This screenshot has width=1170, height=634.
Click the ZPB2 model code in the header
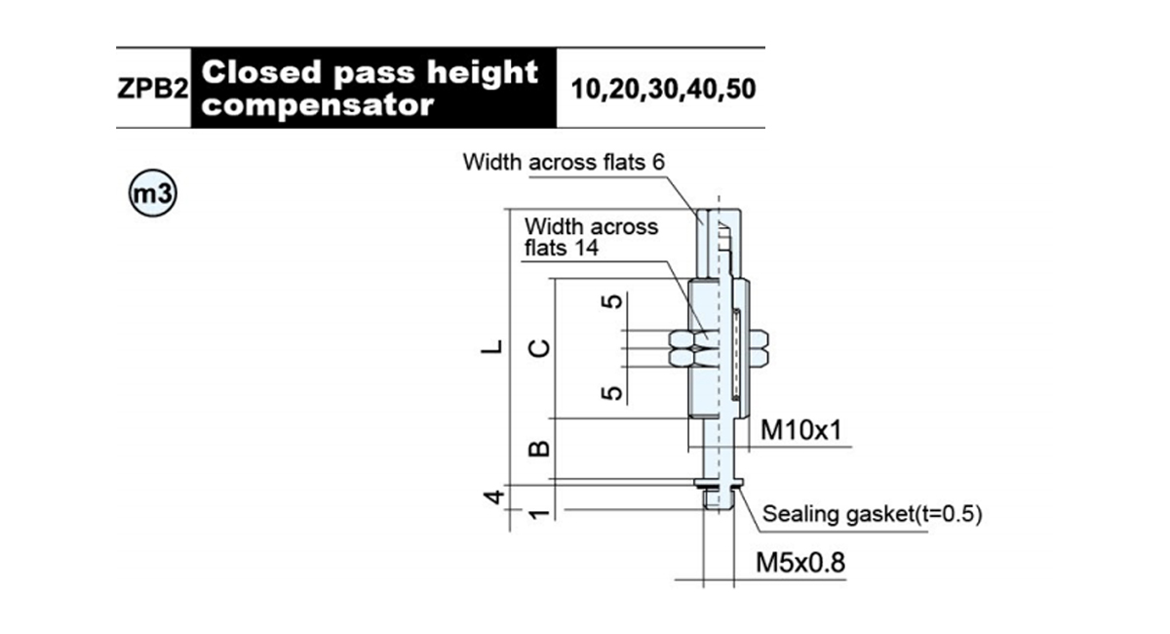(x=152, y=89)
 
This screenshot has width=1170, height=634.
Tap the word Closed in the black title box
(x=261, y=71)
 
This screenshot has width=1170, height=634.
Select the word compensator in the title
(x=318, y=105)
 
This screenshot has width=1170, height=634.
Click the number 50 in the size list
(x=740, y=89)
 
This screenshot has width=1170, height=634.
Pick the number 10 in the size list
(x=587, y=89)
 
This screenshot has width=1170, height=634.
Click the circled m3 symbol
(x=152, y=193)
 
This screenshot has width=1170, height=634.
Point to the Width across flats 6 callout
(x=564, y=162)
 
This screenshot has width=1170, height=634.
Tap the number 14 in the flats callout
(x=587, y=247)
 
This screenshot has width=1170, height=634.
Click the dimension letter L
(x=491, y=346)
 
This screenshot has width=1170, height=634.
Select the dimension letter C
(x=538, y=348)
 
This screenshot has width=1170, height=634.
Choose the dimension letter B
(x=539, y=449)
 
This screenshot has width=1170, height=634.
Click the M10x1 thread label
(x=801, y=430)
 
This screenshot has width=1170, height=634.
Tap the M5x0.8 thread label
(x=800, y=563)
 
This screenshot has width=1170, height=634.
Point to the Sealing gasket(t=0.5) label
(x=873, y=514)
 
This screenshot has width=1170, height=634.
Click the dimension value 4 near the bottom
(x=493, y=496)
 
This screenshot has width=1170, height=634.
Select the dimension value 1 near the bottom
(x=539, y=514)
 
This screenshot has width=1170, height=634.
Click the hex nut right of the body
(x=759, y=348)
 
